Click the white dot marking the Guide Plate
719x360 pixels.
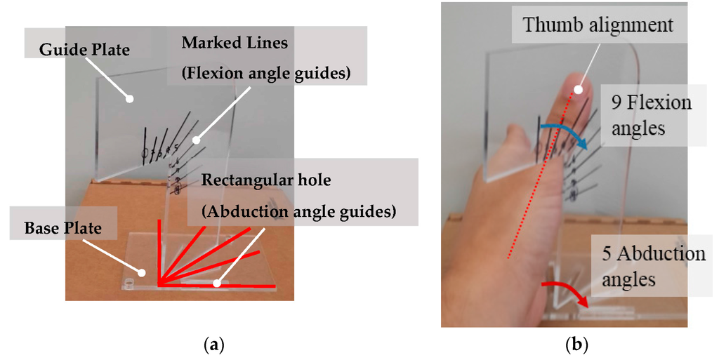129,98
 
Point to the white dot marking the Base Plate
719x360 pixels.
142,272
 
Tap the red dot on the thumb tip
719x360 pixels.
577,89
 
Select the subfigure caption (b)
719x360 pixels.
576,345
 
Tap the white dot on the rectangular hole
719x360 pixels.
217,284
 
